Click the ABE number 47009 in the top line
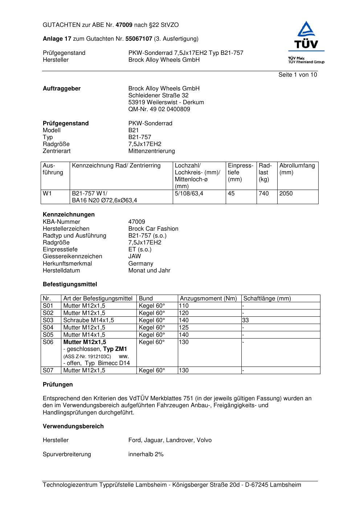124,25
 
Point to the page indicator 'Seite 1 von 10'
298,75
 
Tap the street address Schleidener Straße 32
158,96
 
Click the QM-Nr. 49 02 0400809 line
159,109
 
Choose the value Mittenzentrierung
151,151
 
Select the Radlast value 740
263,194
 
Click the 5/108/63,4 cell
189,194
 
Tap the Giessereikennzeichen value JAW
135,256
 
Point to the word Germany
140,264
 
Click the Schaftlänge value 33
246,320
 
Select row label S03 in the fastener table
48,320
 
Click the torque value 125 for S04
184,328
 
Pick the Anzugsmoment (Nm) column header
208,299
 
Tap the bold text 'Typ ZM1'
115,349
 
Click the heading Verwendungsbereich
73,426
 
